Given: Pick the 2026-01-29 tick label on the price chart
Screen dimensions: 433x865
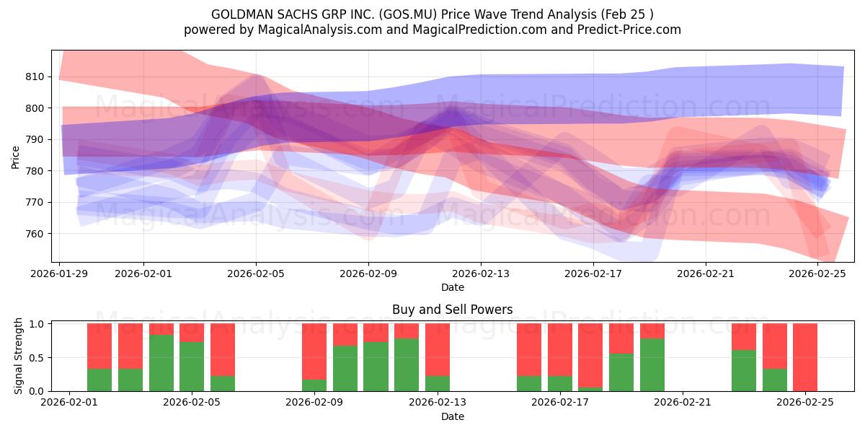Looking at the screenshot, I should tap(60, 274).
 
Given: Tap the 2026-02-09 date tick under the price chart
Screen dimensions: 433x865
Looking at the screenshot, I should tap(368, 274).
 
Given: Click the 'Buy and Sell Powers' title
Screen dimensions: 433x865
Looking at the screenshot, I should tap(452, 310).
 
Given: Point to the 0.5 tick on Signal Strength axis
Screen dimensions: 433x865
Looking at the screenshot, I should tap(37, 357).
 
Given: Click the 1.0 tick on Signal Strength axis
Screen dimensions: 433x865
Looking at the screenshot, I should tap(37, 324).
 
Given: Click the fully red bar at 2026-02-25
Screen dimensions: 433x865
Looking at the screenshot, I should tap(805, 357).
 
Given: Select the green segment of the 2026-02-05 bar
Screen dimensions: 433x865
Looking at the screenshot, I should tap(192, 367).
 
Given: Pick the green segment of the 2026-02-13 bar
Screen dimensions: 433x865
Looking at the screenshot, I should tap(437, 383).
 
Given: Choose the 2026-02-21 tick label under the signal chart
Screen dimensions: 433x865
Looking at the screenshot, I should tap(682, 402).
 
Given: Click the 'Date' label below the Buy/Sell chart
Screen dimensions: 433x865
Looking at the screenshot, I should tap(452, 416).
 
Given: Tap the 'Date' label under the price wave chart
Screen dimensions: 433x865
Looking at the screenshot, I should tap(452, 287).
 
